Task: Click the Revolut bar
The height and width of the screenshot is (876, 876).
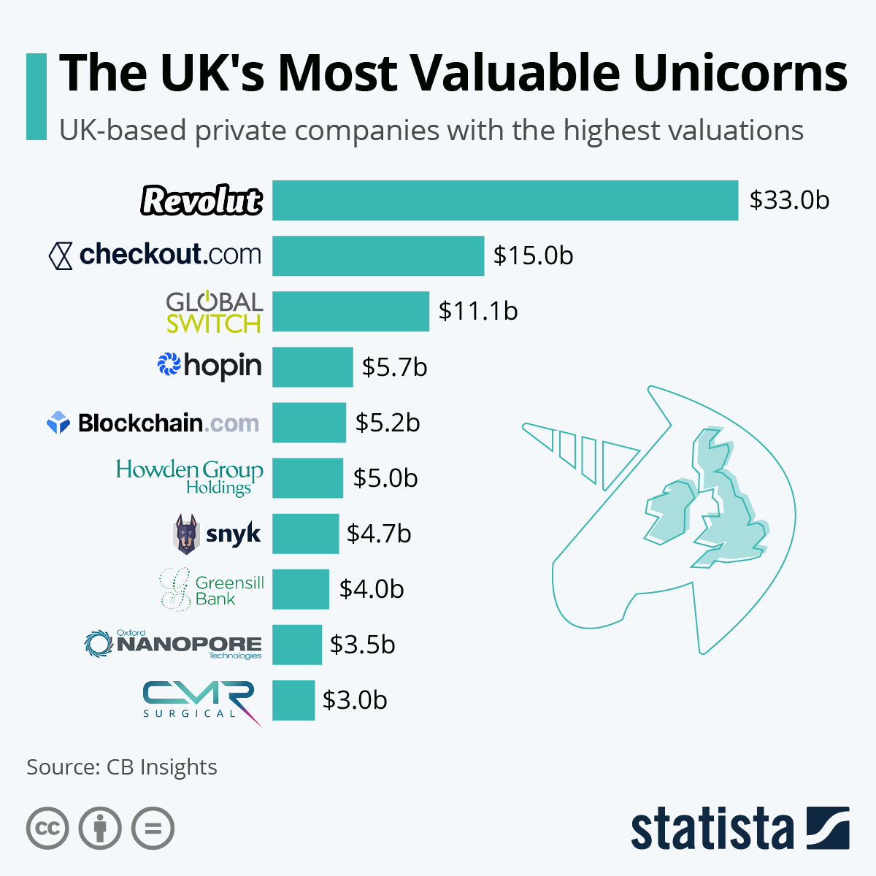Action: (x=505, y=200)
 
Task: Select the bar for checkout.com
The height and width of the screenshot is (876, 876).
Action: (x=378, y=255)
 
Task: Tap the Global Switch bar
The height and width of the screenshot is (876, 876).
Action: (x=350, y=311)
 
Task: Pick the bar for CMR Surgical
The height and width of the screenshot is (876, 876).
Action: (x=293, y=700)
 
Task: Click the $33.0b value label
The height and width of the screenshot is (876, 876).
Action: (x=789, y=200)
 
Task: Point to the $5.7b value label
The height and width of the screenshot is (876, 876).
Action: (x=394, y=367)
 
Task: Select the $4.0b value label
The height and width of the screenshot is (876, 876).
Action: (x=372, y=589)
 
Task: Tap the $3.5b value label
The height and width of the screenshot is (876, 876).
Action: (x=363, y=645)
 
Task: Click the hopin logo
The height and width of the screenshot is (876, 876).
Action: (x=210, y=365)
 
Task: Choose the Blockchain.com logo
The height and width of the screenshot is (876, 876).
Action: (x=153, y=423)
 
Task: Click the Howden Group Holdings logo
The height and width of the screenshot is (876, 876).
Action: (x=190, y=477)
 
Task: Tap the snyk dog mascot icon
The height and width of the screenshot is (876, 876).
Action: (x=185, y=534)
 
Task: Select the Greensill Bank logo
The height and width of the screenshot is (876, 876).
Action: (x=212, y=590)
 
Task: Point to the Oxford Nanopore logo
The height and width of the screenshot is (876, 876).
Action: (x=173, y=644)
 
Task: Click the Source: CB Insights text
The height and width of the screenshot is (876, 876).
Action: (x=122, y=767)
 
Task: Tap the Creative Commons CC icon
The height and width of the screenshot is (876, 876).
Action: (x=47, y=829)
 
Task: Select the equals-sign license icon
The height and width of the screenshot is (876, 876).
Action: (x=153, y=829)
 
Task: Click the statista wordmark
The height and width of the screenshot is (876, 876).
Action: (x=712, y=829)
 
